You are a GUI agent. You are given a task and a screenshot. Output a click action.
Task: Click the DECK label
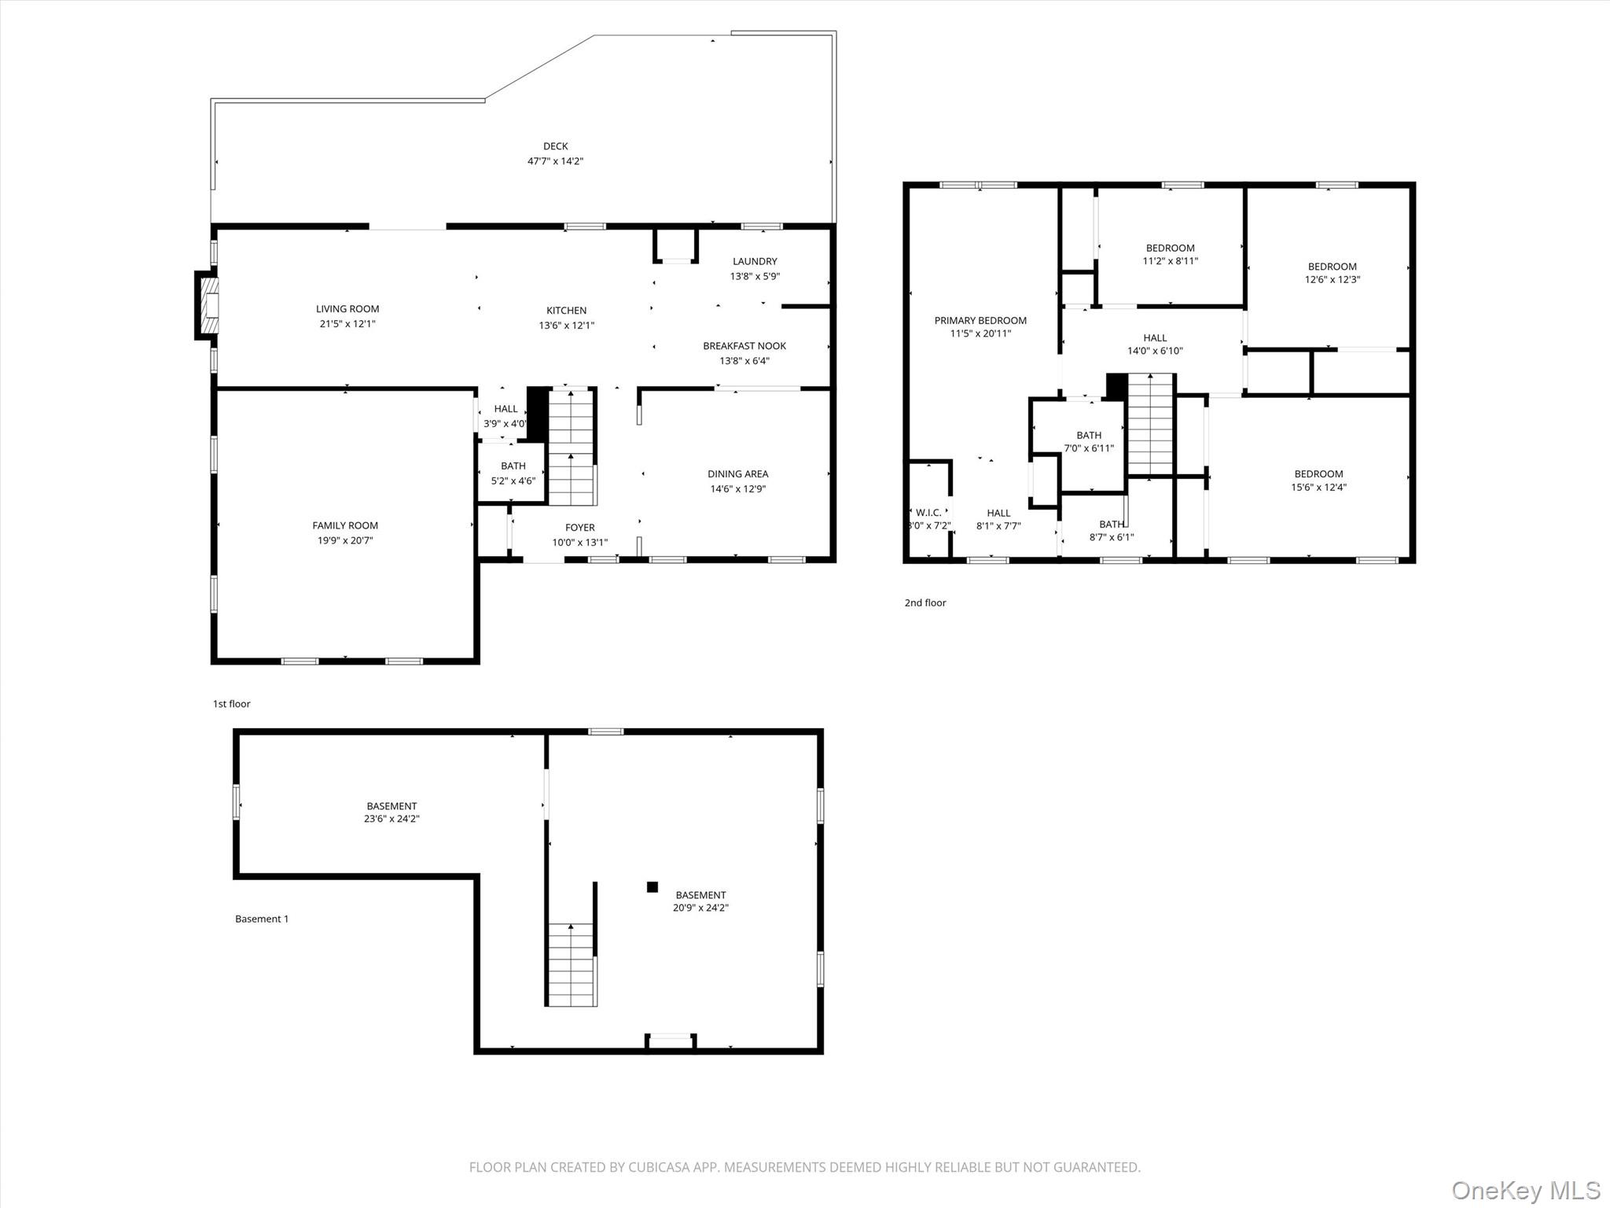555,146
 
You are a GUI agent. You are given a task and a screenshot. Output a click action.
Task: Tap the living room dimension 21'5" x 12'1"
347,324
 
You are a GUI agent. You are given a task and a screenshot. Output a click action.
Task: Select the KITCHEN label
566,311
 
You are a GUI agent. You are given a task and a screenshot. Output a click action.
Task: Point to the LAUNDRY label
755,261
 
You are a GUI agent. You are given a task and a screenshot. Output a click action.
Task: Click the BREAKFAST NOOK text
744,346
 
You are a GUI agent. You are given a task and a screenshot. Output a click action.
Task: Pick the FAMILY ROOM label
345,525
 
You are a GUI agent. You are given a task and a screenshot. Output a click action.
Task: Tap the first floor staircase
571,447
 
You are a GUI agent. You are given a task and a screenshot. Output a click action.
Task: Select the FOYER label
579,528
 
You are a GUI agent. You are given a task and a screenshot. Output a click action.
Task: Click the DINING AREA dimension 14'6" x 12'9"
737,488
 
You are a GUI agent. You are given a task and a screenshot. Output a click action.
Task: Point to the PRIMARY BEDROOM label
980,320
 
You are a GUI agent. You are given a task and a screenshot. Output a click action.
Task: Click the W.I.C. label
928,513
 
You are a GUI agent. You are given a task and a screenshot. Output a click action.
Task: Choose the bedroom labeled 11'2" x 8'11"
1170,254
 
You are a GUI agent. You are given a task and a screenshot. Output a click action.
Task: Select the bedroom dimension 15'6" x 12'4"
1318,487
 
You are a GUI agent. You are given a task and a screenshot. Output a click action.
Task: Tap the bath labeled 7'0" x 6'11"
1089,441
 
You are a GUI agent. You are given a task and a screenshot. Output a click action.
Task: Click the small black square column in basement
652,887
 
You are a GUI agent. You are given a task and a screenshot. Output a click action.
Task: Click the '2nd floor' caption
925,603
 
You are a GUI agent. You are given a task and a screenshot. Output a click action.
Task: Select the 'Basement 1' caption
262,919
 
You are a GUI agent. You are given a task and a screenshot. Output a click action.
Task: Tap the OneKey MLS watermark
1525,1190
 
